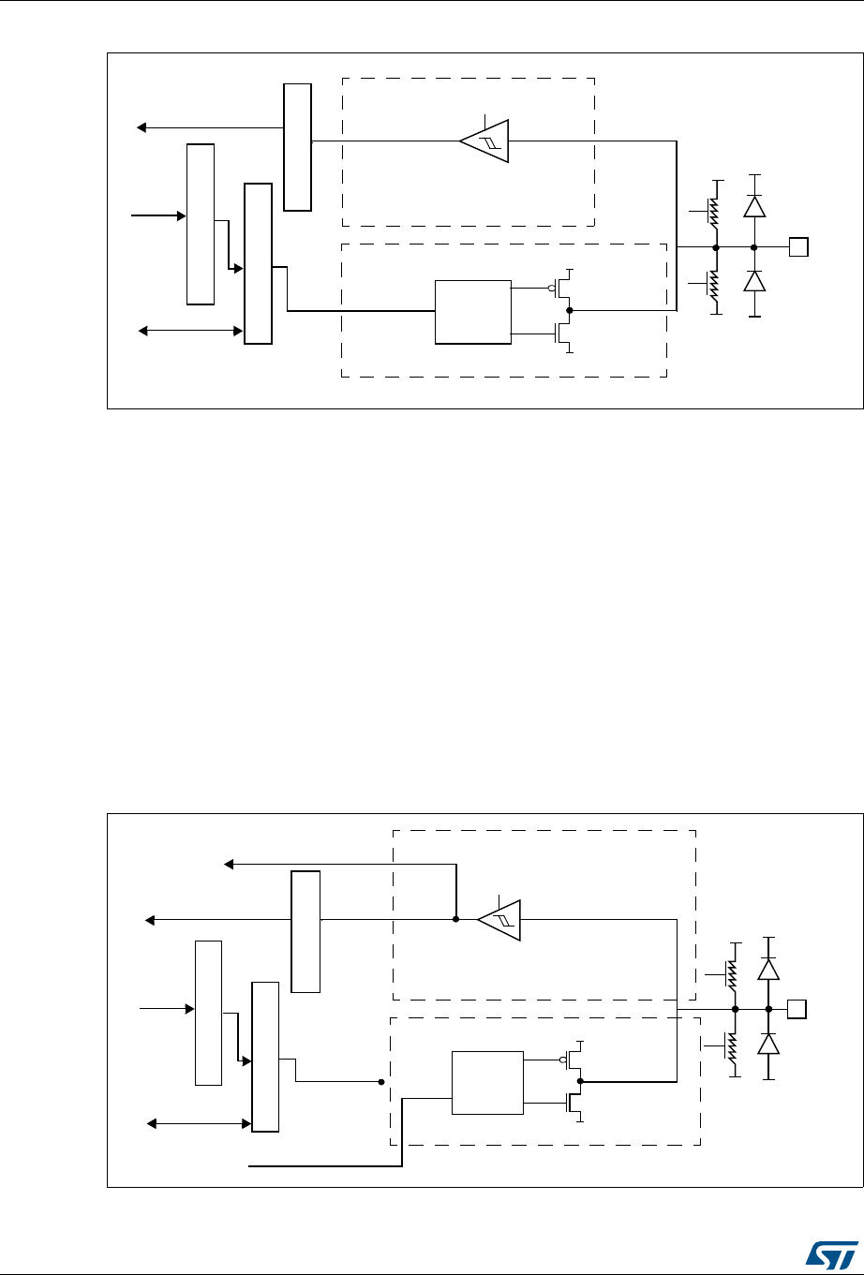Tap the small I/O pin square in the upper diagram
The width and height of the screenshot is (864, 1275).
tap(798, 248)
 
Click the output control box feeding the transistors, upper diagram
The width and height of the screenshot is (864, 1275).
tap(473, 311)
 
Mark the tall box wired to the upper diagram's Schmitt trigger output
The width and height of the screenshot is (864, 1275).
tap(297, 146)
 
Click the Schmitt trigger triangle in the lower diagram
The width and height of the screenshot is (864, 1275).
tap(499, 919)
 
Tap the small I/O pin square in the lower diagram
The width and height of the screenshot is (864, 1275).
tap(797, 1009)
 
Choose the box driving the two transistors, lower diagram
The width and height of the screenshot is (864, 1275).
tap(487, 1082)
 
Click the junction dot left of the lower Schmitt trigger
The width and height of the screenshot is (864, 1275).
tap(455, 919)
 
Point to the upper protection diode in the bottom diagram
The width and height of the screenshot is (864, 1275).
tap(768, 970)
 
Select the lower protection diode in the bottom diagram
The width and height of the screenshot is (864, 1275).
tap(768, 1044)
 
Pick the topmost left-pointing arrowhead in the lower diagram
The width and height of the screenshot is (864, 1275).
tap(229, 864)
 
